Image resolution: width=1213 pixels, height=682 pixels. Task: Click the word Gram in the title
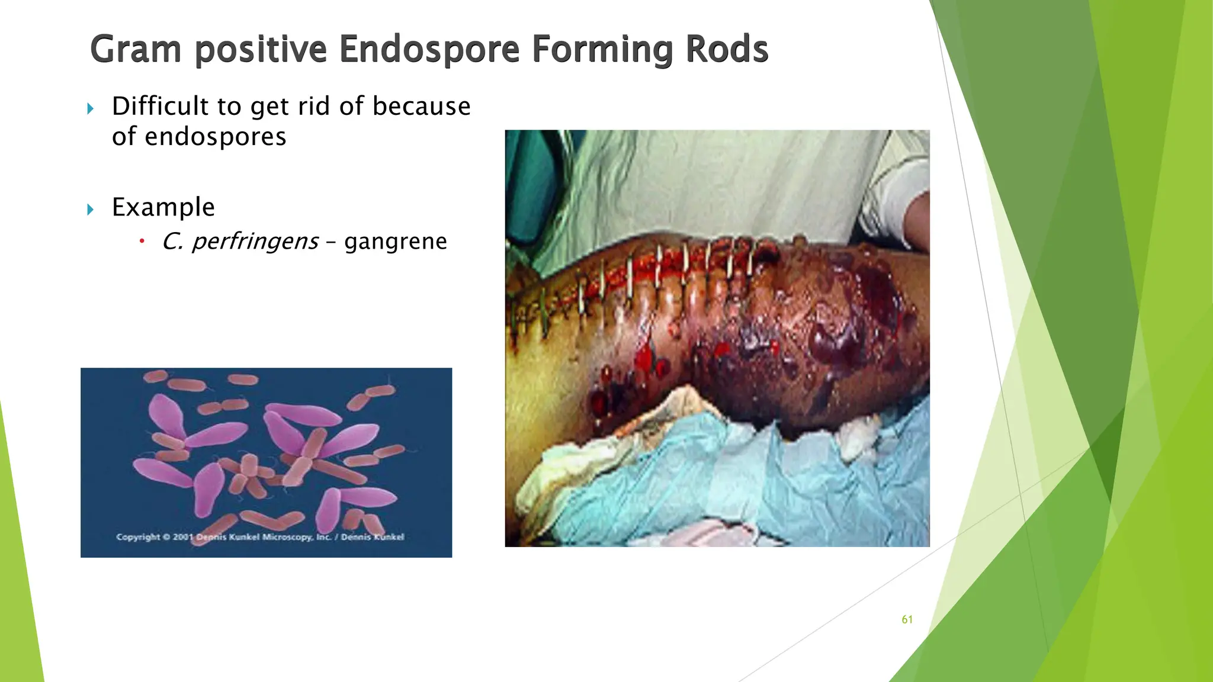136,49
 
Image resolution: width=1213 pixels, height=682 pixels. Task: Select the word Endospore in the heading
429,49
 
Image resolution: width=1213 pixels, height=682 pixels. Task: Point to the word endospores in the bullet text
215,137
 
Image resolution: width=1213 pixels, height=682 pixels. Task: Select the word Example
163,207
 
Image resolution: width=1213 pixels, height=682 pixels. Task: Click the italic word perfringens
255,242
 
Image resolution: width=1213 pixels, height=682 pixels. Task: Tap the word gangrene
395,242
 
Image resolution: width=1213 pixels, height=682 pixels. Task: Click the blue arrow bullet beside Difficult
90,108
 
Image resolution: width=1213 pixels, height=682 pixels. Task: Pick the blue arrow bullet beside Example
90,209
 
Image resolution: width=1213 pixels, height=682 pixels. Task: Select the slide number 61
907,619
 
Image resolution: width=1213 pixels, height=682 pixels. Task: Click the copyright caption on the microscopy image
260,537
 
